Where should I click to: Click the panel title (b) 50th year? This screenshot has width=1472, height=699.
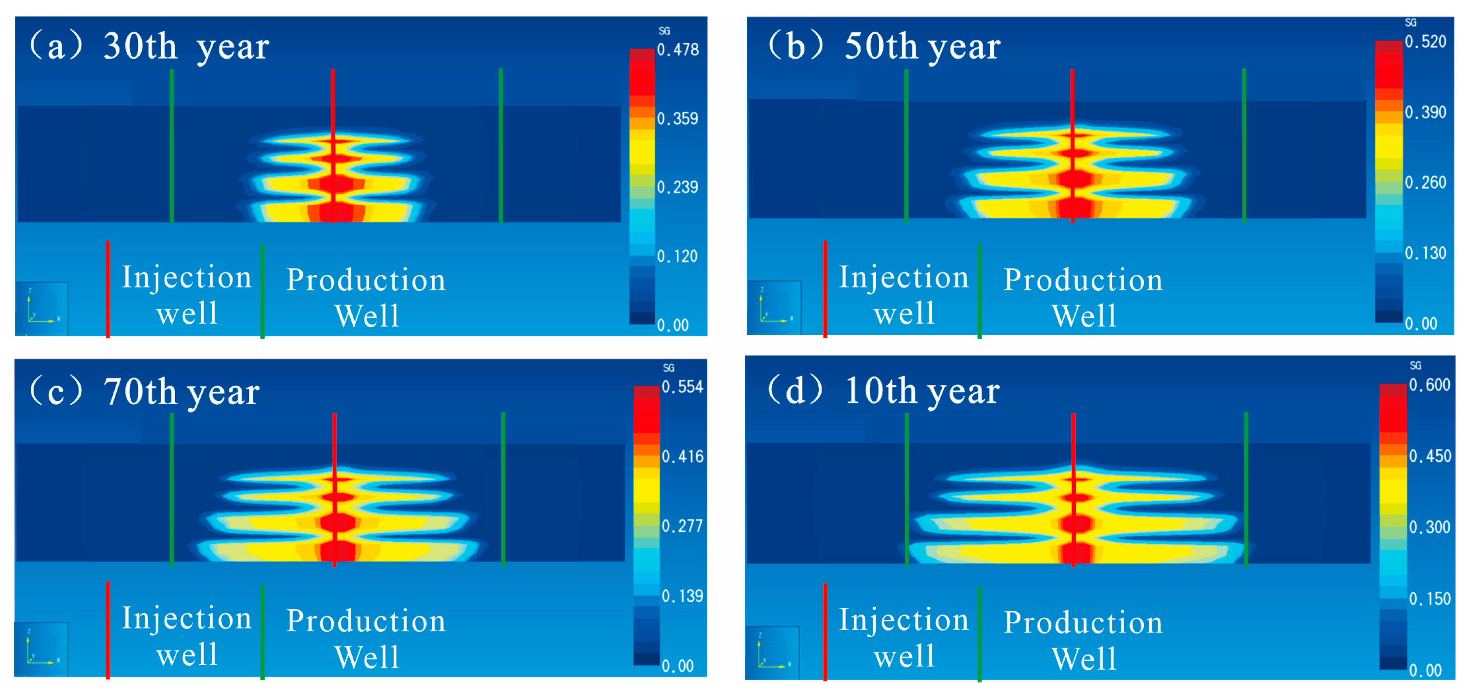[883, 46]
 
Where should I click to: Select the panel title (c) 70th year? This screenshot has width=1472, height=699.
[145, 392]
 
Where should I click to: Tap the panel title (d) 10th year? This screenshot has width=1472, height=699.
[883, 391]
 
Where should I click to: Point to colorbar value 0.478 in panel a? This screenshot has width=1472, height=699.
[678, 50]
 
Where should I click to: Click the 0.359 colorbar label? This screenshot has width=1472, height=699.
[678, 119]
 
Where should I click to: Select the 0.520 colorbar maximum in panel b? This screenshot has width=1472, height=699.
[1425, 41]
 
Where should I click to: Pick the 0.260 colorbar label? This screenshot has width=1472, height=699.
[1425, 183]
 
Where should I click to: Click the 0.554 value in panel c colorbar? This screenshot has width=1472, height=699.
[682, 387]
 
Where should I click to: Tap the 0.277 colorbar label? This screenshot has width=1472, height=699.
[682, 526]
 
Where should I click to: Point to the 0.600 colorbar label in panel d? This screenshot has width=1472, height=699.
[1429, 385]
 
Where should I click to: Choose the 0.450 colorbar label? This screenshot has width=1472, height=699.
[1429, 456]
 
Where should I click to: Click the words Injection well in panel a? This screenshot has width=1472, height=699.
[187, 295]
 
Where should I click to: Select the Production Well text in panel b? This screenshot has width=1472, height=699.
[1083, 297]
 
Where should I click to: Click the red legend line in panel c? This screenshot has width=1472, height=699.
[108, 630]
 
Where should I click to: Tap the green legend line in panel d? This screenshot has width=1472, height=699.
[979, 633]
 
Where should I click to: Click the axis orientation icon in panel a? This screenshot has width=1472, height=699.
[41, 309]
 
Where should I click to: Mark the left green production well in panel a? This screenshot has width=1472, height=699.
[171, 146]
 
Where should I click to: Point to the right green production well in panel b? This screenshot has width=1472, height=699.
[1244, 146]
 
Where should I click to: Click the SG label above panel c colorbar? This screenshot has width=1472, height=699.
[669, 368]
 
